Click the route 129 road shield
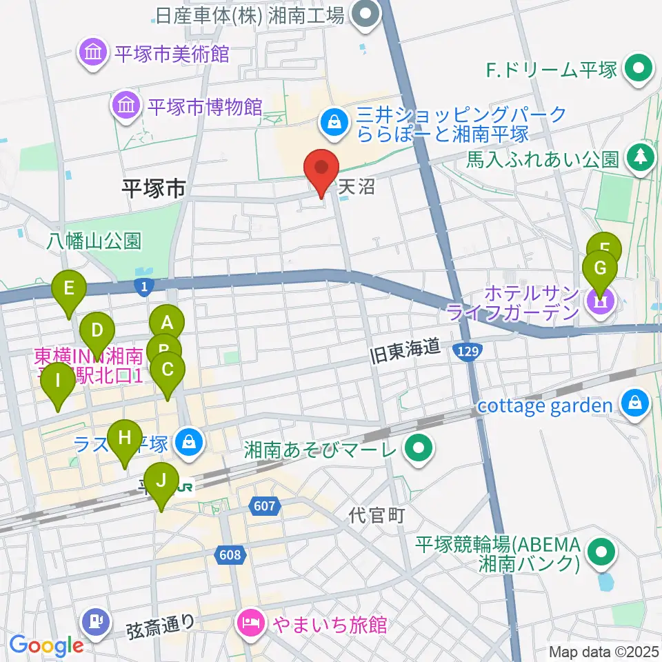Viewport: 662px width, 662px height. tap(466, 352)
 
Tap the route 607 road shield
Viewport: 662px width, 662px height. tap(264, 507)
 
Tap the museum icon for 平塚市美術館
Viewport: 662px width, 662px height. tap(92, 54)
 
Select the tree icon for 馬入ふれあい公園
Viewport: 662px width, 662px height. tap(641, 159)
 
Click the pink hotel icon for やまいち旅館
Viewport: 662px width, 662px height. tap(250, 625)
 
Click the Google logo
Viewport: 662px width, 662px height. tap(46, 645)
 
